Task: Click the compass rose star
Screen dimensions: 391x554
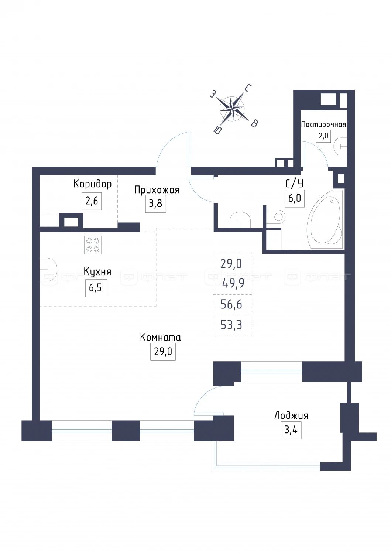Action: pyautogui.click(x=232, y=109)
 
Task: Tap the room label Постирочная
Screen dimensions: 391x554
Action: pyautogui.click(x=323, y=124)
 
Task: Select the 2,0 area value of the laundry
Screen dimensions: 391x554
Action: pyautogui.click(x=323, y=136)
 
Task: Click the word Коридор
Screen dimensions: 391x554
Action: pyautogui.click(x=92, y=184)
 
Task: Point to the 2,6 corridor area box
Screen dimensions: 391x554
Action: pyautogui.click(x=92, y=201)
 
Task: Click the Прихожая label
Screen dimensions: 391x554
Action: pyautogui.click(x=157, y=190)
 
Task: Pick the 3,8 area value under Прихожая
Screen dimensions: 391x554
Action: pyautogui.click(x=155, y=204)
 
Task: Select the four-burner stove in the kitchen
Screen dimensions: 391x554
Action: pyautogui.click(x=93, y=245)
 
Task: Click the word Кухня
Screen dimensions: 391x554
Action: pyautogui.click(x=97, y=272)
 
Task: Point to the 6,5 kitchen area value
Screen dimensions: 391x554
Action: pyautogui.click(x=96, y=288)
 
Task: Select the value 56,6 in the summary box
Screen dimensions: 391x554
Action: pyautogui.click(x=231, y=304)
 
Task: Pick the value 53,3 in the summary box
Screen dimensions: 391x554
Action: pyautogui.click(x=231, y=325)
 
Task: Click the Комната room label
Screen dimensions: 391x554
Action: pyautogui.click(x=161, y=337)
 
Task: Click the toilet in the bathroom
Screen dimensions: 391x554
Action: pyautogui.click(x=276, y=217)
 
